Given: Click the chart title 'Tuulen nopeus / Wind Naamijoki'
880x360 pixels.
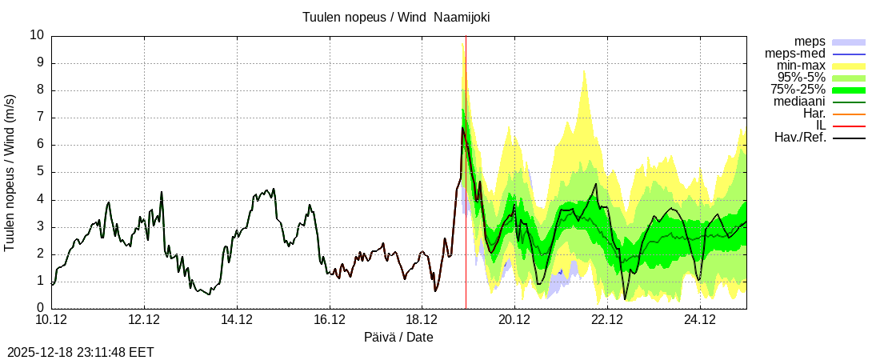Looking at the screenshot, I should [396, 17].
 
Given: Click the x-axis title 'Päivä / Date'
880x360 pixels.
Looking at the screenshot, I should [398, 337].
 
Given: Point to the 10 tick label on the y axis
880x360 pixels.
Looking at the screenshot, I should [37, 35].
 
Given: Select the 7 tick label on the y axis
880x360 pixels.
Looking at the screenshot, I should [41, 118].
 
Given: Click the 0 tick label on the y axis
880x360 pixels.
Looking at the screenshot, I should [41, 308].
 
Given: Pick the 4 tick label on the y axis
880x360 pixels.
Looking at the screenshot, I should [41, 199].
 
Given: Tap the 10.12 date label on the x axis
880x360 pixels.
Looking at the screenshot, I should [52, 320].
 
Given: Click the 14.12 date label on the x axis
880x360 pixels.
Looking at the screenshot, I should [237, 320].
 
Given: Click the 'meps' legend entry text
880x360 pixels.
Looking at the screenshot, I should [810, 42].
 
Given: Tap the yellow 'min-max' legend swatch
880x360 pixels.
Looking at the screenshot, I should [849, 66].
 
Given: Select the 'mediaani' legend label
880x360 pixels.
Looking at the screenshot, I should [799, 102].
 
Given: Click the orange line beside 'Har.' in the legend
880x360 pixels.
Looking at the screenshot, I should [849, 114].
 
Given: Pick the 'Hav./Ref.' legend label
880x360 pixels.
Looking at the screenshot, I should [800, 138].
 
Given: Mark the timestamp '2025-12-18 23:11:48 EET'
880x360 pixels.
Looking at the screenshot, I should [81, 351].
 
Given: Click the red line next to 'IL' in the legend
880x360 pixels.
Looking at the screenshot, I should [849, 126].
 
